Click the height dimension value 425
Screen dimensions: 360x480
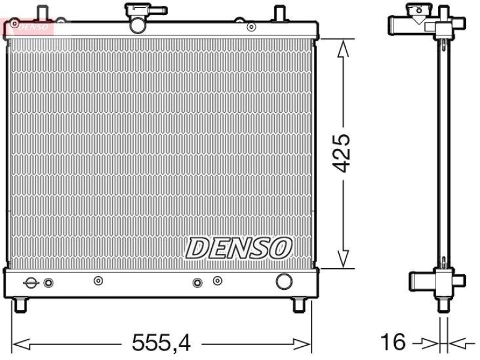(x=343, y=152)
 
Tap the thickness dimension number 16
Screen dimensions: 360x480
(x=394, y=343)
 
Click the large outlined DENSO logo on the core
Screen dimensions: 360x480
(x=238, y=247)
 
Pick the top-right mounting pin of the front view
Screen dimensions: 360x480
(x=279, y=13)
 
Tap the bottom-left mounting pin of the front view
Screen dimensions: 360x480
(x=22, y=304)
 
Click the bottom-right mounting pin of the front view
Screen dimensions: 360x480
(x=298, y=304)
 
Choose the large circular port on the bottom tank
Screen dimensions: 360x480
(x=283, y=281)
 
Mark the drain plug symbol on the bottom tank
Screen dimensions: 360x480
(x=31, y=283)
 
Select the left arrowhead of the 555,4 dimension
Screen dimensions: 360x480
(x=20, y=344)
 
